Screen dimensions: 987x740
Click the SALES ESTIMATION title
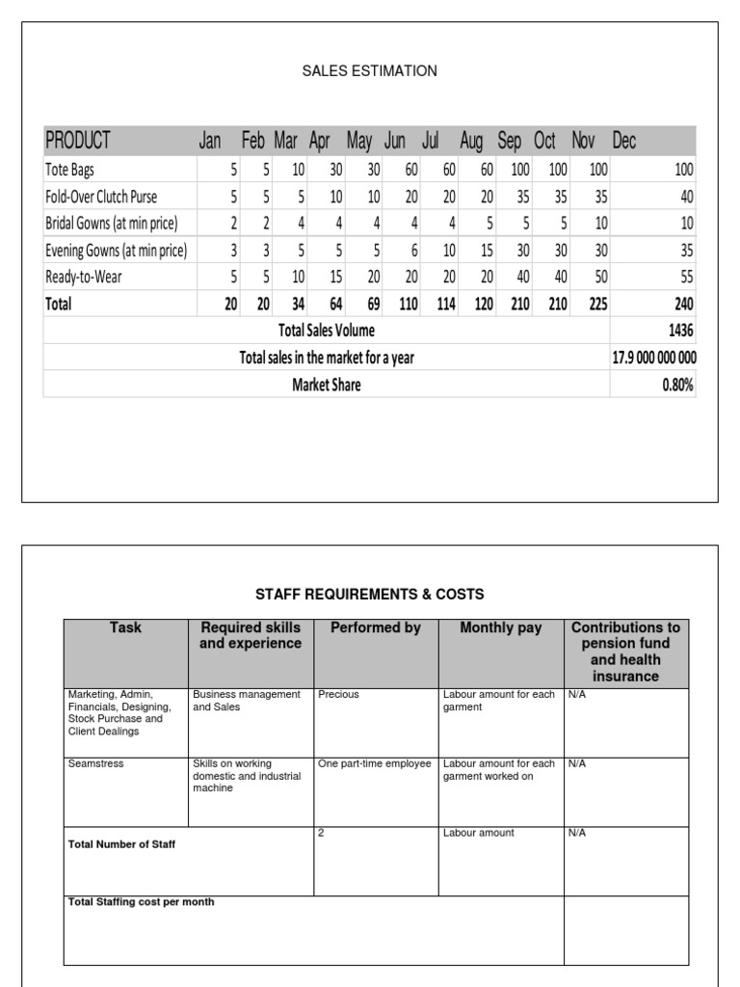pos(369,70)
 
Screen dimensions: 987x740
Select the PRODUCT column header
pos(78,141)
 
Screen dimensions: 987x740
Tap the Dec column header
pos(624,141)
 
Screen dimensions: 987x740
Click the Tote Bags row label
pos(70,170)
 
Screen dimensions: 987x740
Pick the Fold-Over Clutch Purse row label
pos(101,197)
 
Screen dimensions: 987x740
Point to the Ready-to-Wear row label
pos(84,277)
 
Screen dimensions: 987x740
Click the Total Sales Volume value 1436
pos(680,331)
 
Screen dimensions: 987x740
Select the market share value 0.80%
pos(678,385)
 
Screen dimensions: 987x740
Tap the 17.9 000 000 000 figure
pos(654,358)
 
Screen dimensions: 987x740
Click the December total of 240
pos(683,304)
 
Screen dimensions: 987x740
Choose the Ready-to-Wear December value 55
pos(685,277)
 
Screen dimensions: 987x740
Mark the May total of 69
pos(372,304)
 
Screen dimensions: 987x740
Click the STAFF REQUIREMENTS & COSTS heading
pos(369,594)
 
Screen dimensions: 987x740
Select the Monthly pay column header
pos(501,627)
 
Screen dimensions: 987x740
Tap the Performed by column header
pos(376,627)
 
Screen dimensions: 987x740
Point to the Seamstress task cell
pos(95,763)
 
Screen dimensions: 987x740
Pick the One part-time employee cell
pos(375,763)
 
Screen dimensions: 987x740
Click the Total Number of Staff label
pos(121,844)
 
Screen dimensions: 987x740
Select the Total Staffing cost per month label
pos(141,902)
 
